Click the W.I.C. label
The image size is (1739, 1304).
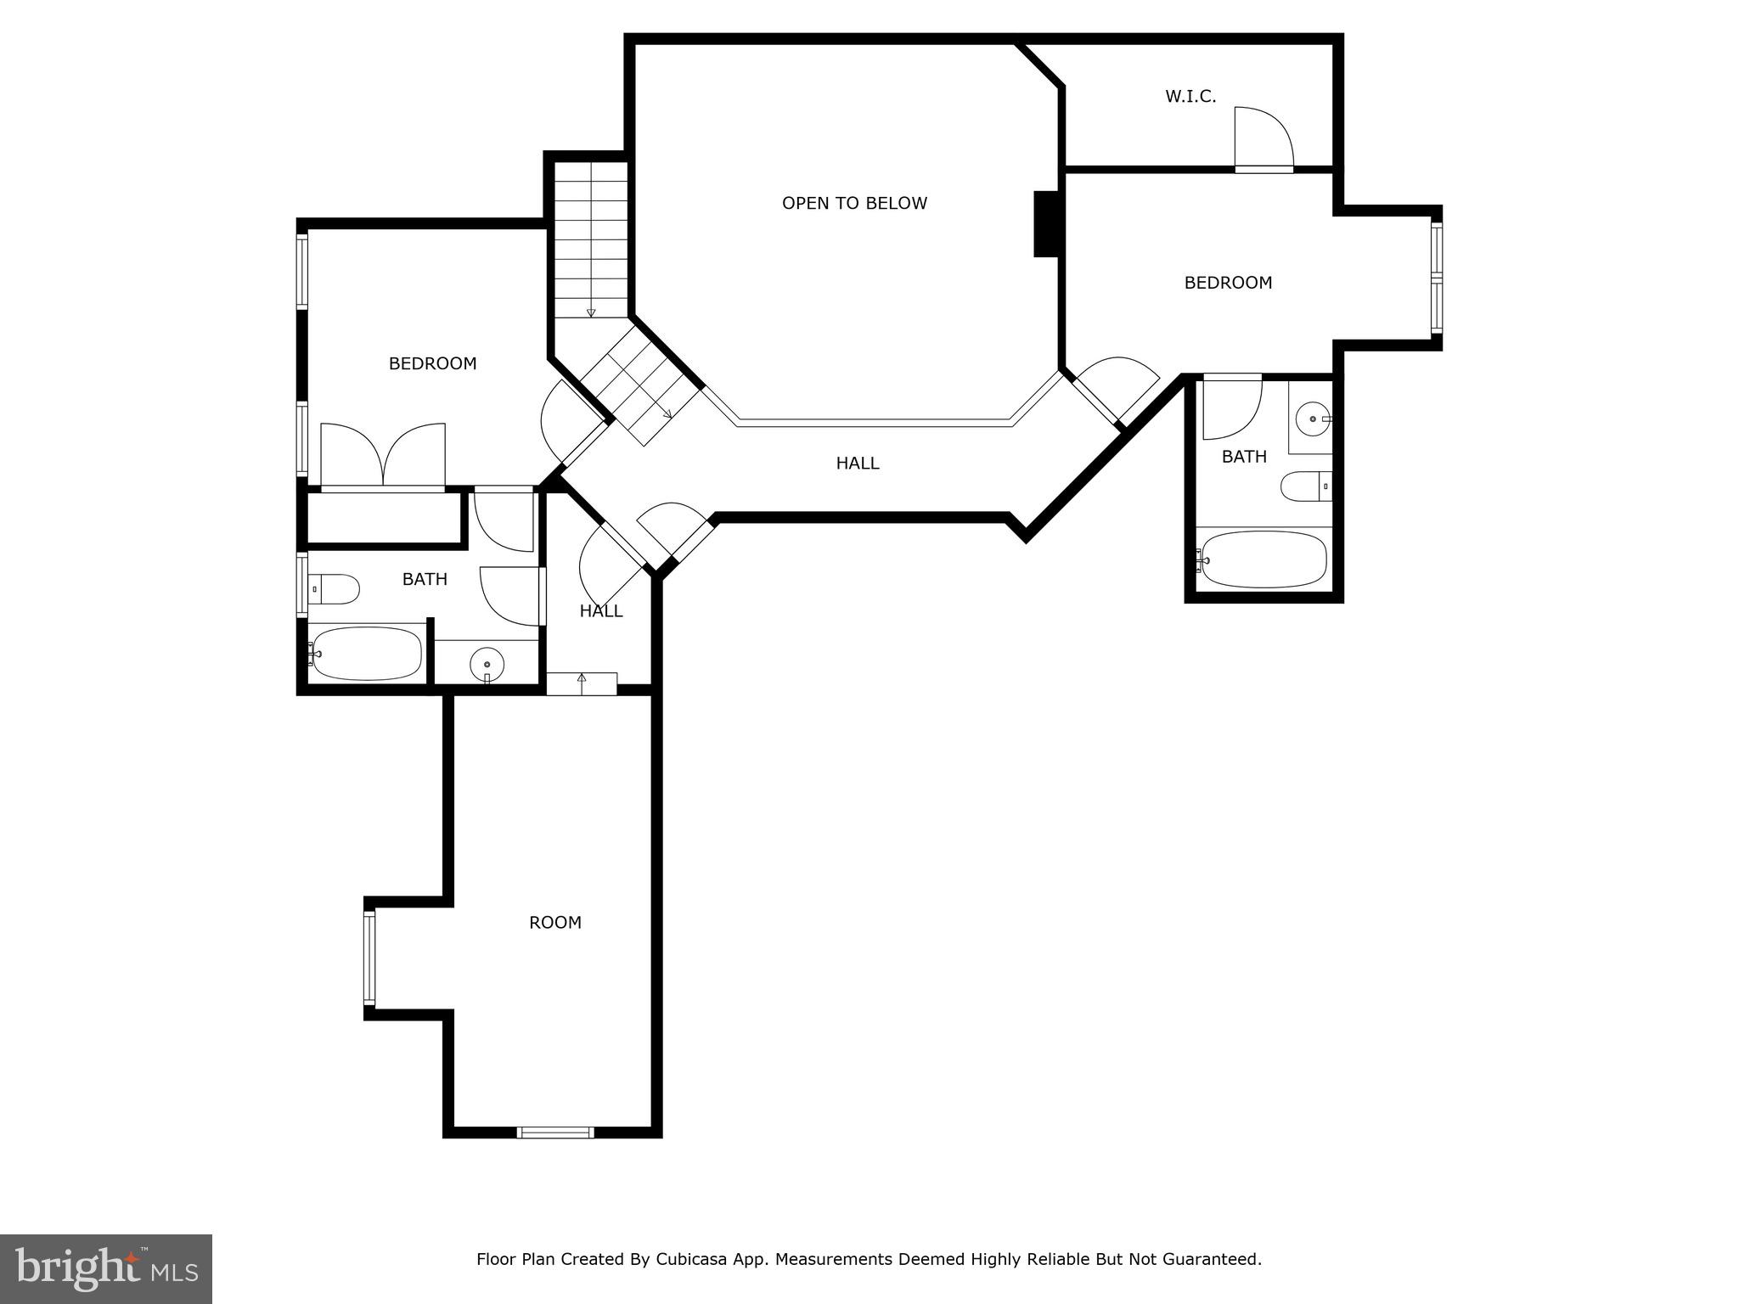point(1190,97)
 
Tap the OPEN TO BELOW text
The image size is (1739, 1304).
point(854,203)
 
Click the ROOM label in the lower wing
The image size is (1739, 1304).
point(555,922)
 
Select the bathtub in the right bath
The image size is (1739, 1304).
point(1263,559)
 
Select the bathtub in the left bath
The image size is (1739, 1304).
point(367,654)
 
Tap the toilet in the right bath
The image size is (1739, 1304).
point(1304,486)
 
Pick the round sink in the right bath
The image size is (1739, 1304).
point(1314,418)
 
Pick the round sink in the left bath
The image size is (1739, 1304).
point(487,664)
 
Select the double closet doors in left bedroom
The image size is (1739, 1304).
point(383,454)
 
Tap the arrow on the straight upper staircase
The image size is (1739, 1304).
point(591,312)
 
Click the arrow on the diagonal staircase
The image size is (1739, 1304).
point(667,413)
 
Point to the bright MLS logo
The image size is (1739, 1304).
point(105,1268)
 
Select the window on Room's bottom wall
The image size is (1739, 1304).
point(555,1132)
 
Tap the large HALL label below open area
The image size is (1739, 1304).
point(858,464)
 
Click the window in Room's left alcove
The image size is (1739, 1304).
point(369,958)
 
